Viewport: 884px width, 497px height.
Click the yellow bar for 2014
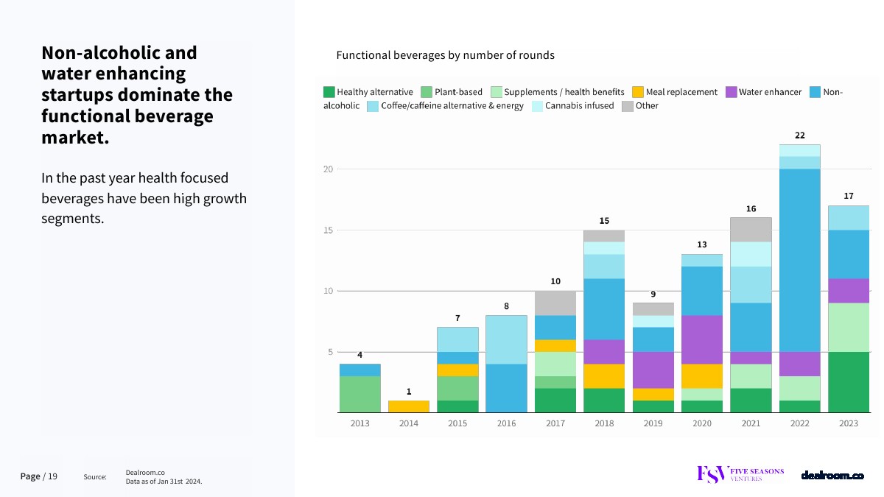(408, 406)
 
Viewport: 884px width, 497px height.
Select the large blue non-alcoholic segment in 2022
(800, 261)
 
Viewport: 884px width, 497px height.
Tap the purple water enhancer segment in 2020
(702, 339)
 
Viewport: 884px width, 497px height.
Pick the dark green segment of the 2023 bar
(849, 382)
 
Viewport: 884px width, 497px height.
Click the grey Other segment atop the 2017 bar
(555, 303)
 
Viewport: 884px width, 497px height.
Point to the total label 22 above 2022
(800, 135)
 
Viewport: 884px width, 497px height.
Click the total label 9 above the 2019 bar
(653, 295)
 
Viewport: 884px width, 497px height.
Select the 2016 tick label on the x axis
(506, 424)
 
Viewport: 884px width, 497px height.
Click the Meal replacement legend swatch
(638, 93)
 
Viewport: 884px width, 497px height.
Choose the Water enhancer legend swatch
(731, 93)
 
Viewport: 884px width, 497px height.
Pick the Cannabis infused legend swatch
(537, 106)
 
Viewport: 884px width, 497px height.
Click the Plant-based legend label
(458, 93)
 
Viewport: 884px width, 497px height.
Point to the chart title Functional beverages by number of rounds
(445, 55)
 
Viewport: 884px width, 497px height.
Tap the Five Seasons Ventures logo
(740, 474)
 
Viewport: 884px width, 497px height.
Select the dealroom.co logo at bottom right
(832, 476)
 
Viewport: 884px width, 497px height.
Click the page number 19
(53, 476)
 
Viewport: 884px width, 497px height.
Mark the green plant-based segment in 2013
(359, 394)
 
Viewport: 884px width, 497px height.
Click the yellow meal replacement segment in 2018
(604, 376)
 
